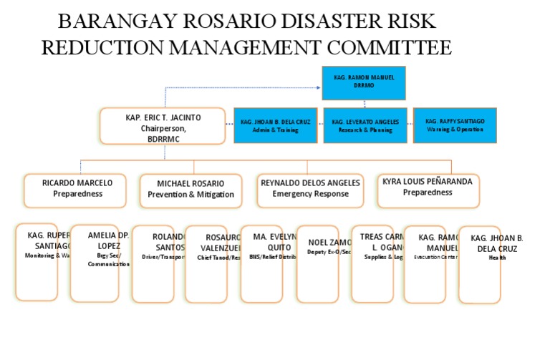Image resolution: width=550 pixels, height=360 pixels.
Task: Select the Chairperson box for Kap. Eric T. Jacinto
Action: click(163, 125)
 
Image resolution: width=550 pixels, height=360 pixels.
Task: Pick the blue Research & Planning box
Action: click(365, 125)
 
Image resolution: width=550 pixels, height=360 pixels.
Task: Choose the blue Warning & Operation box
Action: click(455, 125)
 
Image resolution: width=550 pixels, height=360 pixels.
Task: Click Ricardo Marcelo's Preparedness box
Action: click(75, 190)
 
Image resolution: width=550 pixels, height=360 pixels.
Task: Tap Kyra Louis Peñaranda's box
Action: click(428, 190)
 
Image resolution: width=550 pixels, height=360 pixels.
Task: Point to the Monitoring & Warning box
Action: click(37, 262)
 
